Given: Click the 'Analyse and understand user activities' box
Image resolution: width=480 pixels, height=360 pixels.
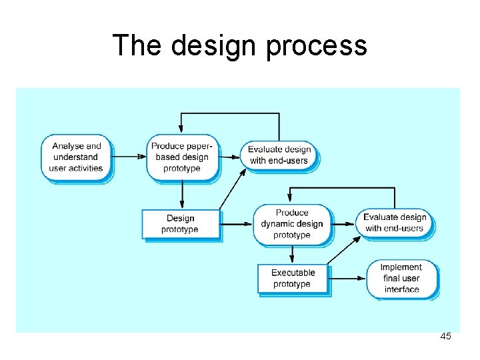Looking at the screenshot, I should pos(76,157).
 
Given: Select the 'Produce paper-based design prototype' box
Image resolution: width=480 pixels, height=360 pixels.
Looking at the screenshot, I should pos(182,157).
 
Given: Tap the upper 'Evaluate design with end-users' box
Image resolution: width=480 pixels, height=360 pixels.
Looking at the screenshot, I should pos(279,155).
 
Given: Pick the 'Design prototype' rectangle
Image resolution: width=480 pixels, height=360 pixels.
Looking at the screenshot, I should pos(180,224).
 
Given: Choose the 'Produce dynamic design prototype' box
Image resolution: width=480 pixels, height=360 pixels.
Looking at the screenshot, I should pos(291,224).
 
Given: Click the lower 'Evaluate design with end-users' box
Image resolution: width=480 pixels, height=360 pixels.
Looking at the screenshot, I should pos(395,223).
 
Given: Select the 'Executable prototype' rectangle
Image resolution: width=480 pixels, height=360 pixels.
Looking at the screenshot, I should pos(293,279).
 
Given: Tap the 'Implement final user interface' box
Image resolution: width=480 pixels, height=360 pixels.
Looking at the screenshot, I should pos(401,279).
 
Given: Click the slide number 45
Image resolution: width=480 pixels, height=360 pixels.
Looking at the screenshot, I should pos(445,337).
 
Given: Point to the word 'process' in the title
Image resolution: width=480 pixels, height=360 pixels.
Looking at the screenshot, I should pos(317,45).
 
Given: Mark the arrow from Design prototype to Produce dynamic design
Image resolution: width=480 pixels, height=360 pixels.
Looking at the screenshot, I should pos(237,224).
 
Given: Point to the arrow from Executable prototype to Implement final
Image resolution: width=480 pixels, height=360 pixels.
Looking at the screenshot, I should pos(348,279).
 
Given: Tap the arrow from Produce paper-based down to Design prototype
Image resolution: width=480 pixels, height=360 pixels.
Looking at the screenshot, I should pos(181,195).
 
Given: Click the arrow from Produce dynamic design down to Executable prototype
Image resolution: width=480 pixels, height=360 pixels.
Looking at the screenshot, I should pos(291,254).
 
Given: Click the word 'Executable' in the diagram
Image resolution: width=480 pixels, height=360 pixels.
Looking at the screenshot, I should pos(293,273).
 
